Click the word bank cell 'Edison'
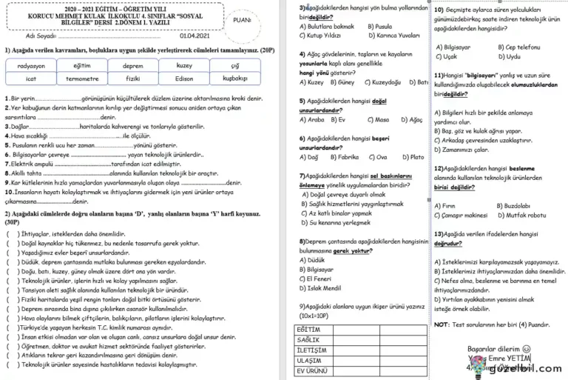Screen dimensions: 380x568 [183, 79]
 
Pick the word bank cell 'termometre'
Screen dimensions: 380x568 [82, 79]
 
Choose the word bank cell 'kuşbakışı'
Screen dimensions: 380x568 [235, 79]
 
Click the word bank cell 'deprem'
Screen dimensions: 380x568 [133, 66]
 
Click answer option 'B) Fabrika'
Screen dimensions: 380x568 [344, 157]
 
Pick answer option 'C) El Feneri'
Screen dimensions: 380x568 [319, 279]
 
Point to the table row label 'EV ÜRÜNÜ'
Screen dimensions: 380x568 [311, 370]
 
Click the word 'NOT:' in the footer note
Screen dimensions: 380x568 [442, 324]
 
